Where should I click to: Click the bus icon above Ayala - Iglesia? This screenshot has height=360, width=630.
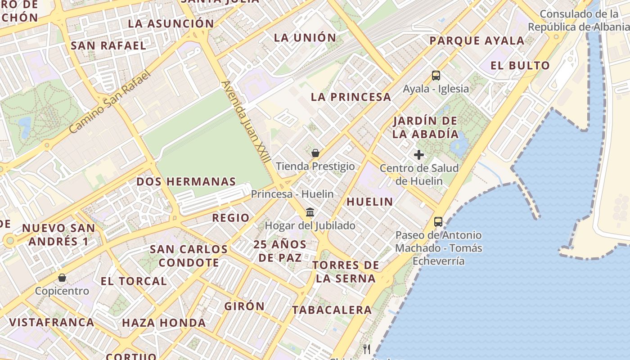tap(436, 76)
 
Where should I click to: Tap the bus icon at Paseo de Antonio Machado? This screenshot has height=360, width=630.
tap(438, 221)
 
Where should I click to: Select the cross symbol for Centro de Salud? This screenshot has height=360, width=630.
tap(418, 155)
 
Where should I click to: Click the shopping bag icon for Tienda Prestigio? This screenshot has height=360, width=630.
tap(315, 153)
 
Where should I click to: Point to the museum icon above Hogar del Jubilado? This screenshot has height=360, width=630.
tap(310, 212)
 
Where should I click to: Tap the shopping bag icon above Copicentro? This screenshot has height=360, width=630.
tap(62, 278)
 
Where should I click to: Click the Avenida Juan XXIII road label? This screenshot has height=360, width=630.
tap(247, 121)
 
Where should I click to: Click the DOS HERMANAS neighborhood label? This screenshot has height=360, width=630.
tap(186, 182)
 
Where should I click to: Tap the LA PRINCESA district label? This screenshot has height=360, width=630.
tap(351, 97)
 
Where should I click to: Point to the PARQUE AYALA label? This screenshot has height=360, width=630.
tap(477, 41)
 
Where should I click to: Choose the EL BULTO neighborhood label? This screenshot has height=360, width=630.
tap(520, 66)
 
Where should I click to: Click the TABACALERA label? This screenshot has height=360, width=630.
tap(332, 310)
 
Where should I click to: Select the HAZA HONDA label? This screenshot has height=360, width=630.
tap(164, 323)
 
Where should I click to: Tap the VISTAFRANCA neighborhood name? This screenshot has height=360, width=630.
tap(52, 323)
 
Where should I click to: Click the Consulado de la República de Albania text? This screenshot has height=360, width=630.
tap(578, 21)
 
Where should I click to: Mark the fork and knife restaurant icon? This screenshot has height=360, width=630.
tap(367, 349)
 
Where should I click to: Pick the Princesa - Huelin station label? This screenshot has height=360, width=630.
tap(292, 194)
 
